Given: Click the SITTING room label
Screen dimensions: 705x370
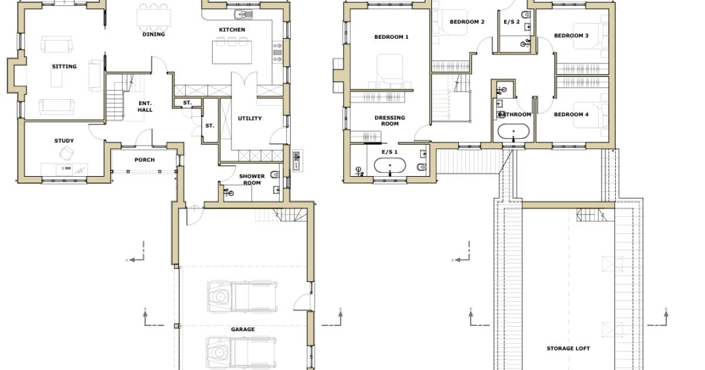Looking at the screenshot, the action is (64, 66).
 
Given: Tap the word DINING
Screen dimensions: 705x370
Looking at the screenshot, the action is (153, 34).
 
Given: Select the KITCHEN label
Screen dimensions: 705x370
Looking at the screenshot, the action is (232, 29).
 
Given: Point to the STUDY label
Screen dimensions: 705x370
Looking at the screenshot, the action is (64, 140).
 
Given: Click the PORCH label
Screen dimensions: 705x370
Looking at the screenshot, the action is (145, 160).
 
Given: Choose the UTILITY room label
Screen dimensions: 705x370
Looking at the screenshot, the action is (250, 118).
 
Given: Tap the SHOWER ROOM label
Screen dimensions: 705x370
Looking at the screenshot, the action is (252, 179).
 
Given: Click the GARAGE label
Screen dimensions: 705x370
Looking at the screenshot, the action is (243, 329).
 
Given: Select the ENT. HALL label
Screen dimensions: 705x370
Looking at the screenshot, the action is (145, 106).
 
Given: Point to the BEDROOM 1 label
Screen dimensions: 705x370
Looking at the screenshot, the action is (391, 37).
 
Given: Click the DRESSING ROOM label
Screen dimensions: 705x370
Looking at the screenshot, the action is (390, 120).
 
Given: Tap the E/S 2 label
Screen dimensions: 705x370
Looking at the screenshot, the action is (512, 22).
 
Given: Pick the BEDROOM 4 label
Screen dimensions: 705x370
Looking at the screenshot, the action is (571, 115).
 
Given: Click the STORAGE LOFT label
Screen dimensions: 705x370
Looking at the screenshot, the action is (568, 348).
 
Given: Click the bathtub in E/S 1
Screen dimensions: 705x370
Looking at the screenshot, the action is (390, 166).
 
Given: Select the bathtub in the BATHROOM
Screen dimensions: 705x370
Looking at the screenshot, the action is (513, 131).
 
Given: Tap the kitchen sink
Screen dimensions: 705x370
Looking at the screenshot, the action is (243, 14).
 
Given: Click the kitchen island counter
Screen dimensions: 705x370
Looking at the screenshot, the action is (232, 52).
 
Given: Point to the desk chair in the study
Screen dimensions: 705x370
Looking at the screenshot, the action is (67, 153).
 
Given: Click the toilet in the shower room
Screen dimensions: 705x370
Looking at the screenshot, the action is (275, 174).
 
